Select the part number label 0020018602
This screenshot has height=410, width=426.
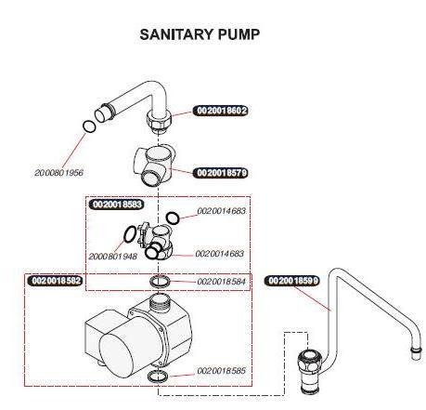221,111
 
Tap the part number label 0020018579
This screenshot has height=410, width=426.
221,173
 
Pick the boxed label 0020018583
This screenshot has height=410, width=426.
116,204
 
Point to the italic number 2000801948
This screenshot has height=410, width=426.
112,256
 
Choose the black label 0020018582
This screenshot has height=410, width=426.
56,280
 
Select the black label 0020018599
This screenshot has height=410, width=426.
292,280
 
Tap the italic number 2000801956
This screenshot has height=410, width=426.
58,173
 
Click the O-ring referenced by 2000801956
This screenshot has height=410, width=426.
88,126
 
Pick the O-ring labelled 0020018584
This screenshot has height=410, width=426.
160,281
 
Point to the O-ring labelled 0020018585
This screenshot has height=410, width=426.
159,376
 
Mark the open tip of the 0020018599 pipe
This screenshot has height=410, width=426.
411,352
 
